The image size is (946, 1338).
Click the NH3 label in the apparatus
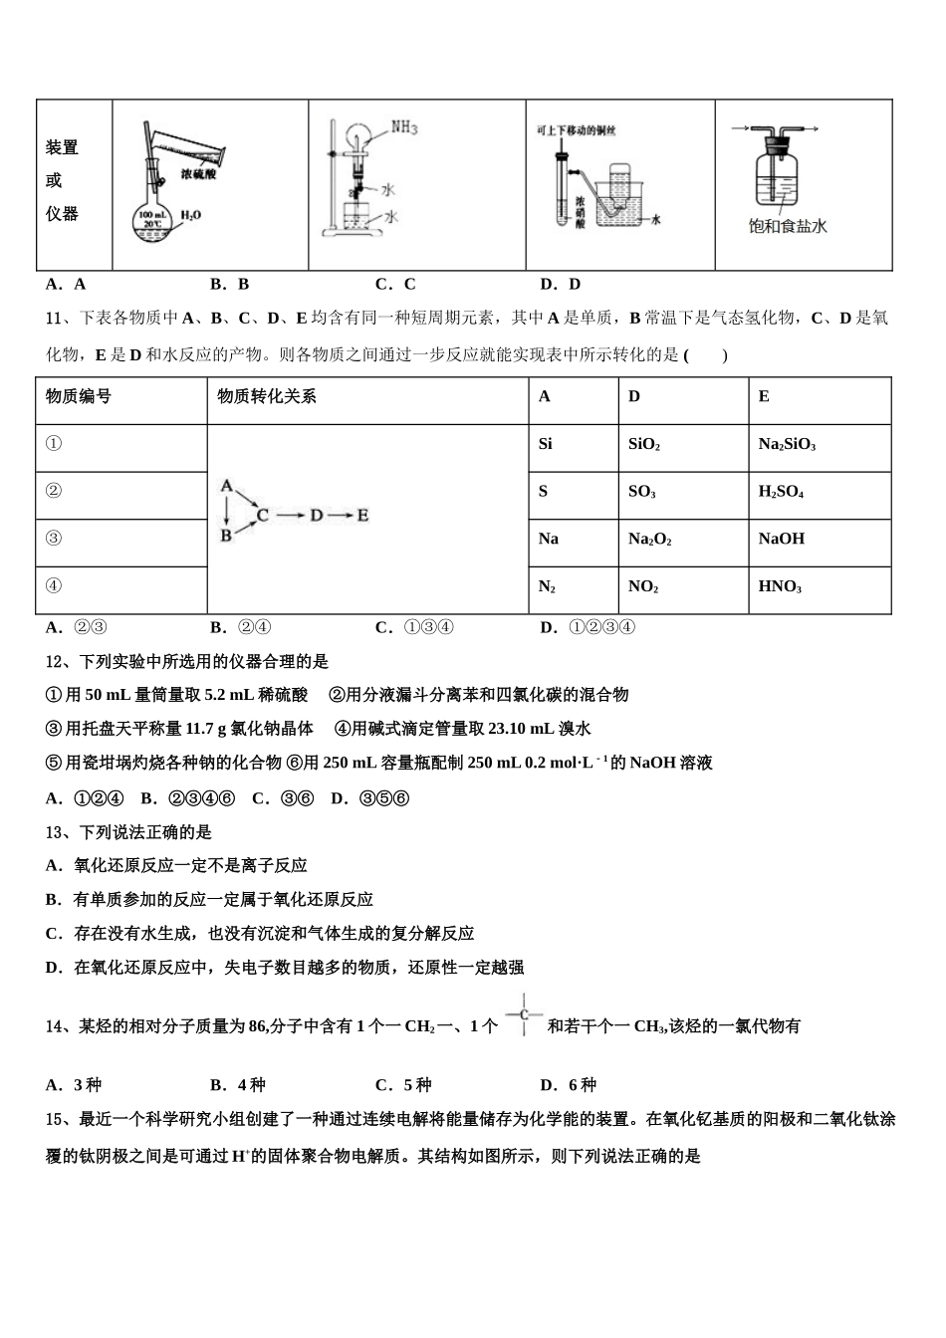pos(404,128)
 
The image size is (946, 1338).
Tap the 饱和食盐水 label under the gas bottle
pos(788,226)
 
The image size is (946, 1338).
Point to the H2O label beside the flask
pos(191,215)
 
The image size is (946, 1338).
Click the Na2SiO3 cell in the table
pos(787,445)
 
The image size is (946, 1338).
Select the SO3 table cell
pos(641,492)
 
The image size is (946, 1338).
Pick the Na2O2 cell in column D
pos(649,539)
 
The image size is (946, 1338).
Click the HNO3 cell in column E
pos(780,586)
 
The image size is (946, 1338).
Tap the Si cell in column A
pos(546,444)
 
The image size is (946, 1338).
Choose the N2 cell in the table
pos(547,586)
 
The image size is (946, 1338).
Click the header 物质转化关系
pos(267,396)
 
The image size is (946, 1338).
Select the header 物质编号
pos(79,396)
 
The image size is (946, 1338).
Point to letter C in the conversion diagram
pos(263,515)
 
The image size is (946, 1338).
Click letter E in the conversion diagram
pos(362,515)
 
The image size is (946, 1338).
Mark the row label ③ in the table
pos(54,539)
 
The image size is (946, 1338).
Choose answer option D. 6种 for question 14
pos(568,1085)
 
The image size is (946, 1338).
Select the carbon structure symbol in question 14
pos(524,1015)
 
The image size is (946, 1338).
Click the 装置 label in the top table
pos(62,147)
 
